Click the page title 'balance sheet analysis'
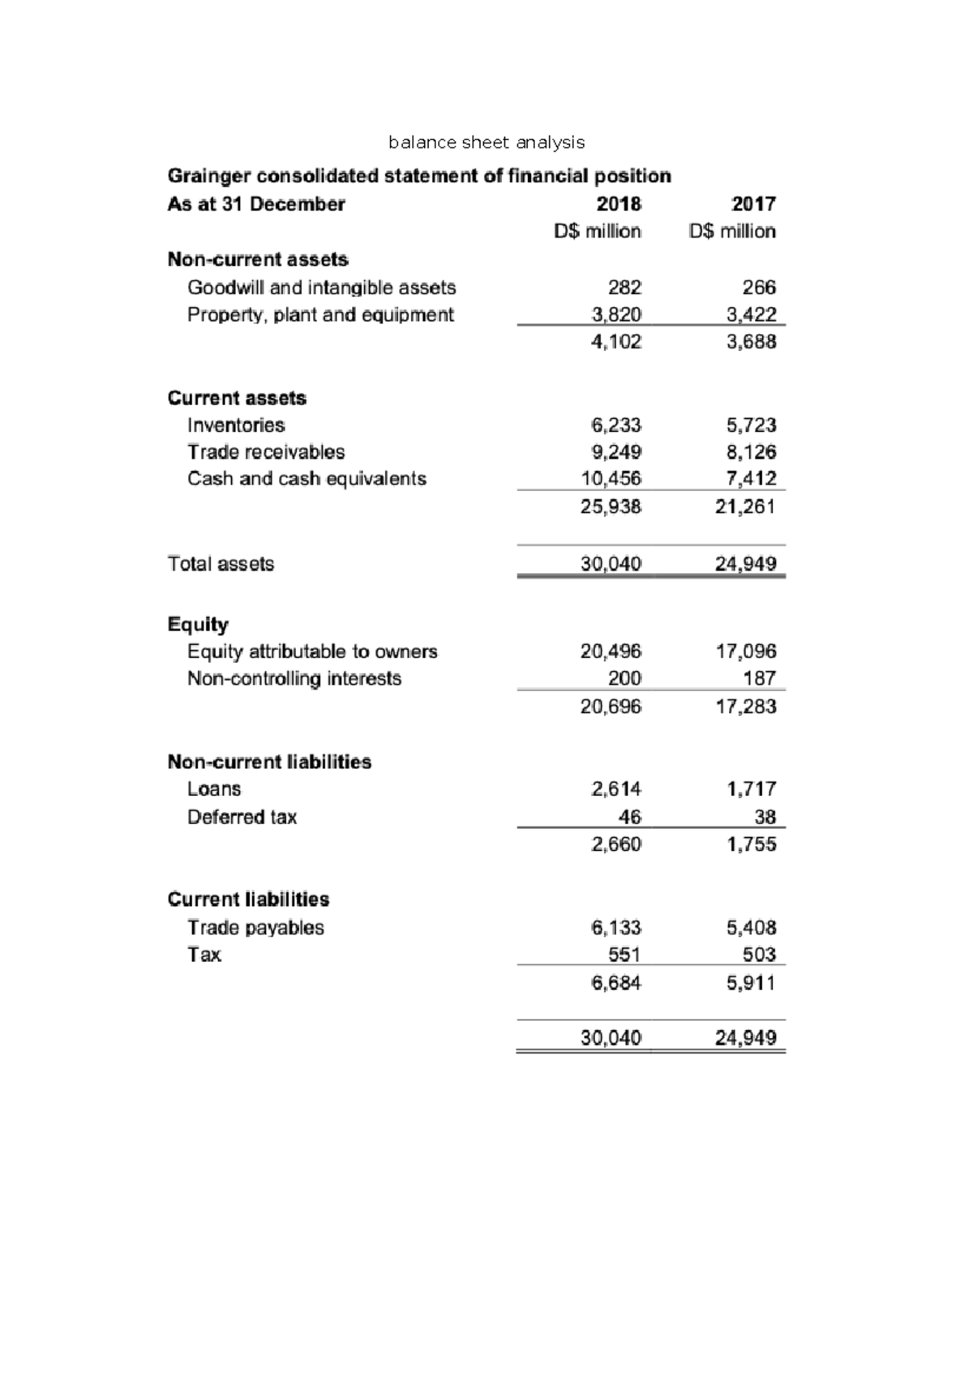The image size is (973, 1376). (x=486, y=143)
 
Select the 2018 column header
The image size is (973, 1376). (x=619, y=203)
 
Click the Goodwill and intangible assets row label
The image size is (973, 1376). (x=321, y=288)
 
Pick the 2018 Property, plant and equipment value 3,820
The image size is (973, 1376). (x=616, y=314)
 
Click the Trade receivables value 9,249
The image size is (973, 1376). (x=616, y=452)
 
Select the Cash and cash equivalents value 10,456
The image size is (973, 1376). (x=611, y=479)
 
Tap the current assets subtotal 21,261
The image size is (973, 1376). (x=746, y=507)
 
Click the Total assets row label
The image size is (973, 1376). (x=221, y=564)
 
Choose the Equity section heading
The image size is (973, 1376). (x=198, y=624)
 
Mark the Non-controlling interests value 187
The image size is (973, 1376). (x=759, y=678)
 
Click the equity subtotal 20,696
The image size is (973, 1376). (x=611, y=707)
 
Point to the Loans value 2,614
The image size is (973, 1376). (x=616, y=789)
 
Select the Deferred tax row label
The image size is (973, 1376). (x=242, y=817)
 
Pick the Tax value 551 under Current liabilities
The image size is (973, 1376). (x=624, y=955)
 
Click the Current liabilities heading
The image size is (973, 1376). (x=248, y=900)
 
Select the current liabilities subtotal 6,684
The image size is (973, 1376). (x=616, y=983)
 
